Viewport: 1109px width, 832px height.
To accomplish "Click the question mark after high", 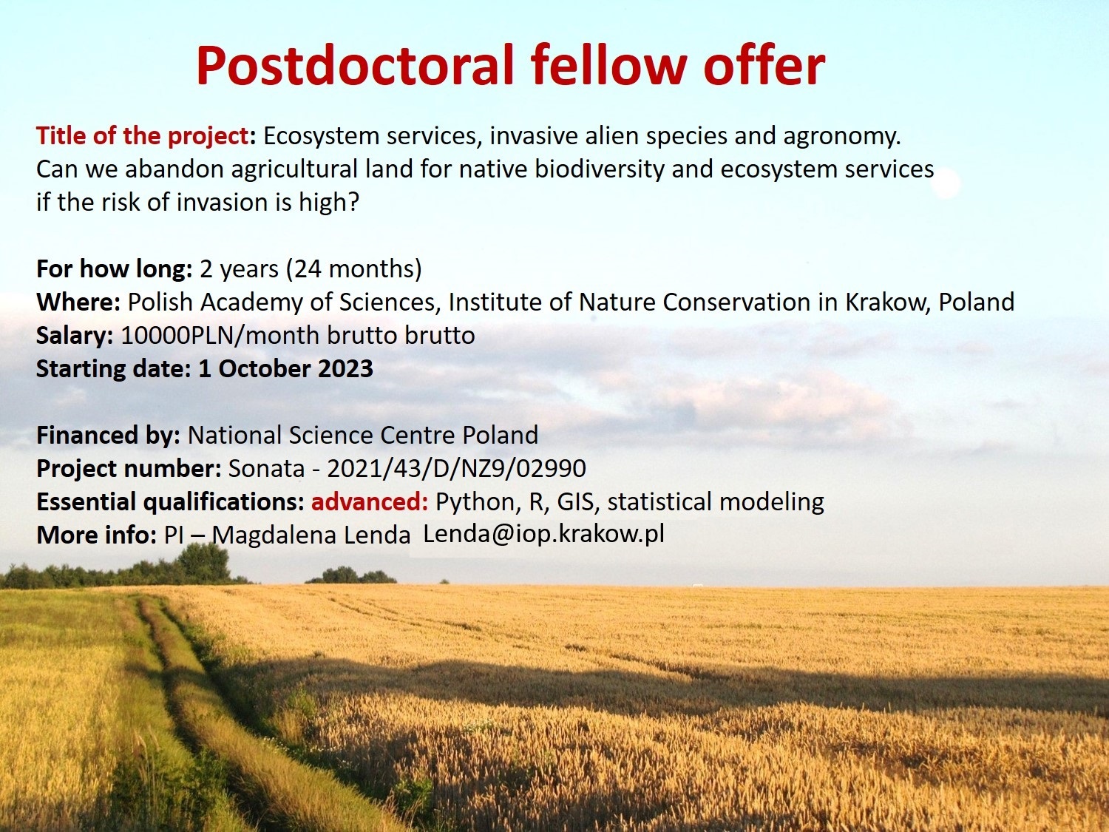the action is (353, 202).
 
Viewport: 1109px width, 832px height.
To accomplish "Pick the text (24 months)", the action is (353, 269).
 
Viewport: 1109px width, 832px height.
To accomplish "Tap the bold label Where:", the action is (78, 302).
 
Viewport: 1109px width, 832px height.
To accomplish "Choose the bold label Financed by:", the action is (108, 436).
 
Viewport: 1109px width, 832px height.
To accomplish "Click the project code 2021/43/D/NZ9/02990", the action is (456, 469).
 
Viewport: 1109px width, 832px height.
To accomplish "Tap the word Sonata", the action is (266, 469).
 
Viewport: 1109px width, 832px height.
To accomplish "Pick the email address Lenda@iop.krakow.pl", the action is (543, 534).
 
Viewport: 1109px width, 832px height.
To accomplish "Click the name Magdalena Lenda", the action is (311, 535).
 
